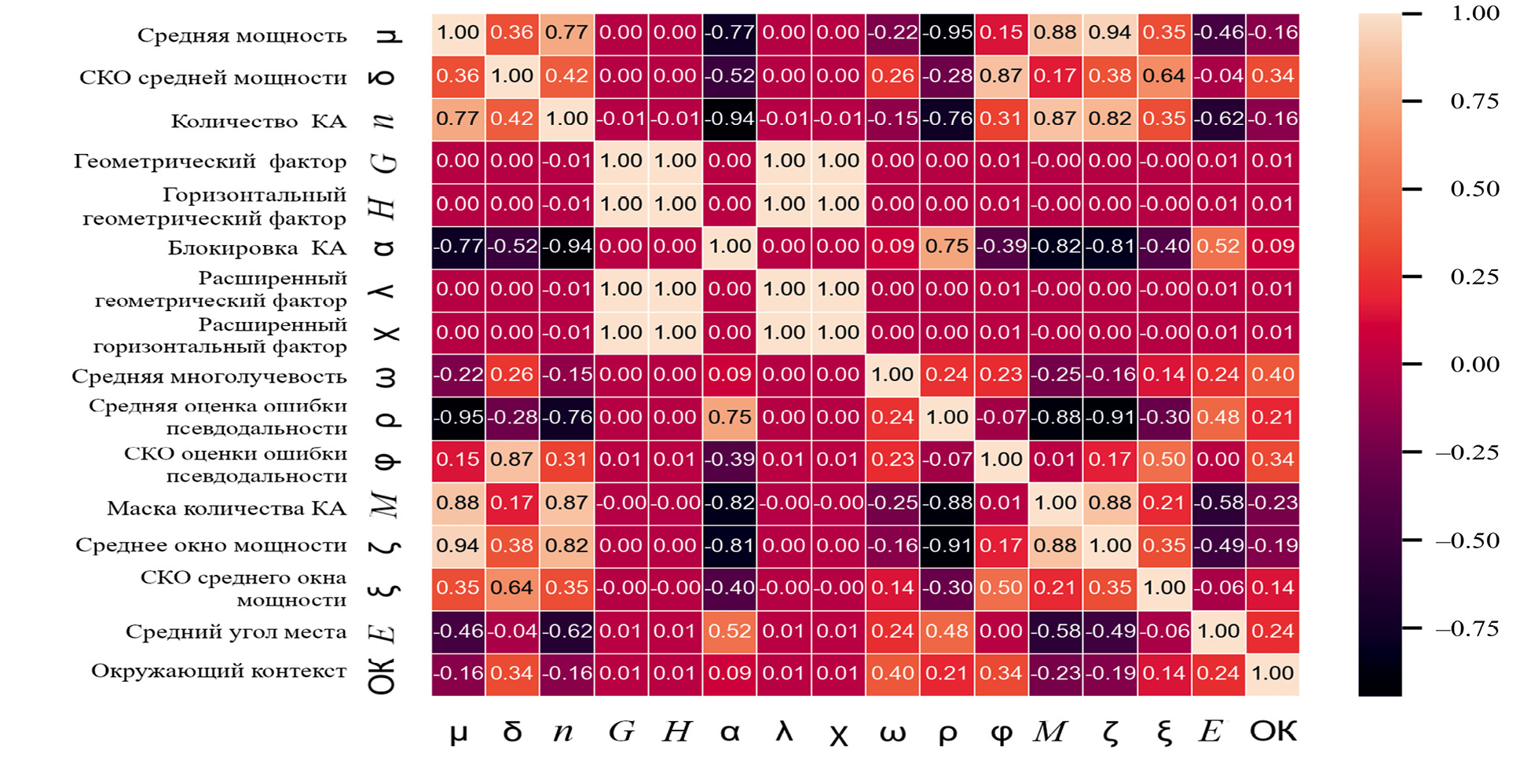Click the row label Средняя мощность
(x=242, y=35)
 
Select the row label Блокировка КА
(x=257, y=248)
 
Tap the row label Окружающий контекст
(x=218, y=671)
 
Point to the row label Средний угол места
(x=236, y=631)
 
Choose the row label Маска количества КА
(x=226, y=508)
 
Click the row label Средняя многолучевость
(x=209, y=376)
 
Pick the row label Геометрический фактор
(x=210, y=161)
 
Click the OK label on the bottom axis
(x=1273, y=731)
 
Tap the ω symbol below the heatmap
(x=893, y=733)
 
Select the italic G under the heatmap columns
(x=621, y=731)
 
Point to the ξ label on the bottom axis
(x=1164, y=733)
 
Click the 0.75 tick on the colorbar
(x=1474, y=101)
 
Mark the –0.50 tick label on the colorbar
(x=1467, y=540)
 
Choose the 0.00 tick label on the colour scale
(x=1474, y=364)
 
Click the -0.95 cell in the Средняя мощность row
(x=947, y=33)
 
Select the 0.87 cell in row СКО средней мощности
(x=1002, y=76)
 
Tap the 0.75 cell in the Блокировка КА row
(x=947, y=247)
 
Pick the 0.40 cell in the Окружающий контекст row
(x=893, y=674)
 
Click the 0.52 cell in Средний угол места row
(x=730, y=631)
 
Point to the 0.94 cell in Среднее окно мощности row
(x=458, y=546)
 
